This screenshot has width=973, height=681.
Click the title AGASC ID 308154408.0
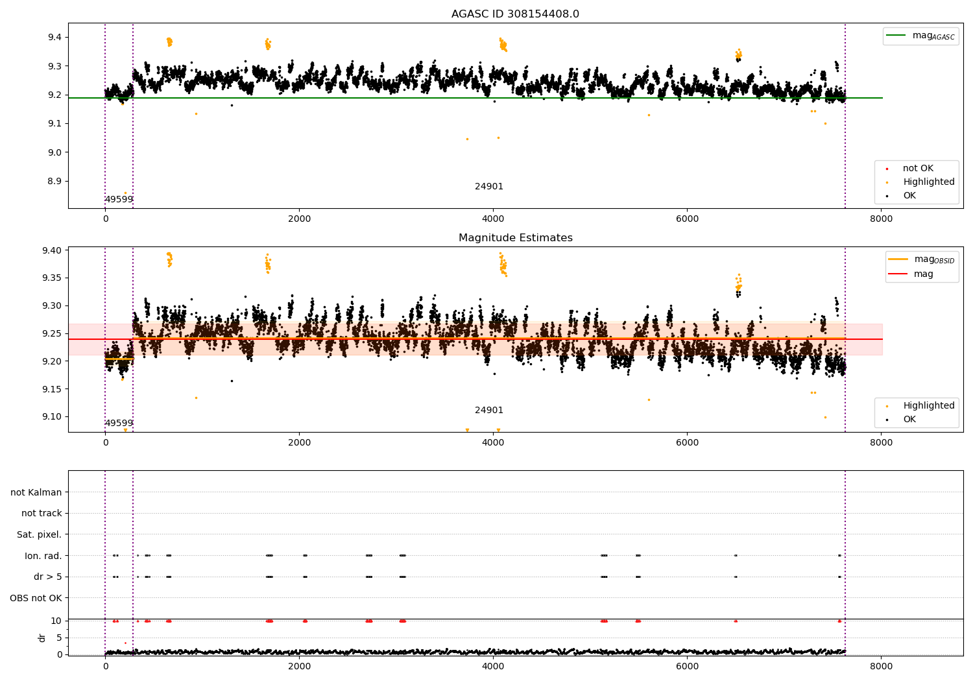[515, 14]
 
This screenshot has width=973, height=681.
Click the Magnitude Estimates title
[515, 237]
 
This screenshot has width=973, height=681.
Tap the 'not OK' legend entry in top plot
[917, 169]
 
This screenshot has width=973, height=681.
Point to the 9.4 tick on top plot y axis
[54, 37]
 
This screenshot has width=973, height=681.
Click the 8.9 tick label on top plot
[54, 182]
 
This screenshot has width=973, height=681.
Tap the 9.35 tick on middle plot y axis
[52, 278]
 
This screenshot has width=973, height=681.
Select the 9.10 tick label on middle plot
[52, 417]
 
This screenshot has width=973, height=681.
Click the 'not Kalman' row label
[36, 492]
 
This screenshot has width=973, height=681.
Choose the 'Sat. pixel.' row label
[39, 534]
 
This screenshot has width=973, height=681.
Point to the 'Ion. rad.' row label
[43, 556]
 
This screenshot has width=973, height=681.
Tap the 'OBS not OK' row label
[36, 598]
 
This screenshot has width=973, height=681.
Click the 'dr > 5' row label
[47, 577]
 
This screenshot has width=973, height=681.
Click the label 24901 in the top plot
[489, 187]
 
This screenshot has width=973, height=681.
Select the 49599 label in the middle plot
[119, 424]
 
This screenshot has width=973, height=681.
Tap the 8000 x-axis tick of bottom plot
[881, 665]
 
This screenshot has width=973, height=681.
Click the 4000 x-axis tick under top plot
[493, 219]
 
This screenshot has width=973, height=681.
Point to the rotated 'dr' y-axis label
[42, 638]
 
